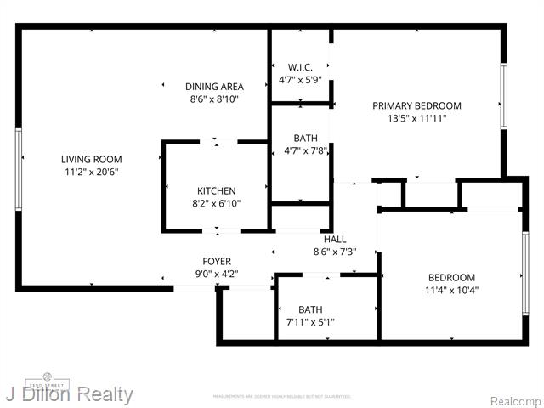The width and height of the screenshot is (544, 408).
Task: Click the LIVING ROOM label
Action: click(91, 159)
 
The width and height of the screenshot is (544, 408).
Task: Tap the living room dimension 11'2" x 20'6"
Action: click(91, 172)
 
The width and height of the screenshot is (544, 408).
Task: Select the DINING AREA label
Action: click(214, 87)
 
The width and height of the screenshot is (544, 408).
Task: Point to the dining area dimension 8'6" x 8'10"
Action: click(214, 99)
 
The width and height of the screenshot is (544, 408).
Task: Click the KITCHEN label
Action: click(217, 191)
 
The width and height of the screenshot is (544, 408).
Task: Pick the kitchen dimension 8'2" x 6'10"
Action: click(217, 204)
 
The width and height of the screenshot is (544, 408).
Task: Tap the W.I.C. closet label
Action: click(301, 67)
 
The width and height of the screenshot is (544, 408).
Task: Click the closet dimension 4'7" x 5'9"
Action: click(301, 80)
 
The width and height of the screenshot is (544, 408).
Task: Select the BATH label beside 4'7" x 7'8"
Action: click(306, 138)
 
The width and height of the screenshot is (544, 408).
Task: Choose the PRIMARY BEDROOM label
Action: click(416, 106)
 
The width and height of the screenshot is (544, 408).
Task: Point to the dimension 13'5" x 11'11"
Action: click(416, 119)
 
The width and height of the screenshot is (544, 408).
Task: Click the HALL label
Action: click(334, 239)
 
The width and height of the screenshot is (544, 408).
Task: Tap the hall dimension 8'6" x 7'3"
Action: click(334, 252)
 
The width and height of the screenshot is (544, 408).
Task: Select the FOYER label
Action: click(216, 261)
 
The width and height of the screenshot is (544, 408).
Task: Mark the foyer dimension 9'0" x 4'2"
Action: click(216, 274)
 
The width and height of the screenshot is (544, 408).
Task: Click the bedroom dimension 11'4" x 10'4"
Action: click(451, 291)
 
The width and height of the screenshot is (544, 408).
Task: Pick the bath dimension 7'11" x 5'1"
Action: click(310, 322)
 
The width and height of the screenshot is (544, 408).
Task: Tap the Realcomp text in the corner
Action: click(514, 399)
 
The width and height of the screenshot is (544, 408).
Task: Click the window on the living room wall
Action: click(18, 169)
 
